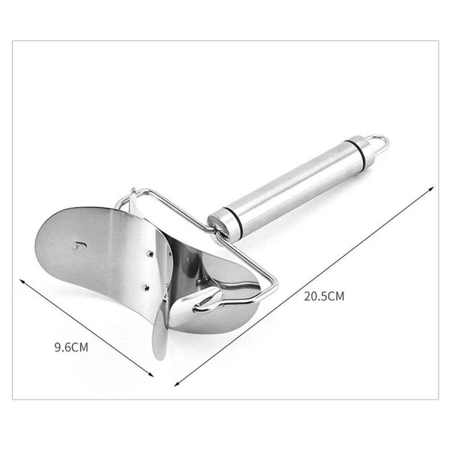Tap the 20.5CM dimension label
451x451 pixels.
click(x=324, y=296)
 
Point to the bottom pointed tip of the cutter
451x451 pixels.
click(x=157, y=358)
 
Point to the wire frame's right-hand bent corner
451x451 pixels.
click(x=275, y=284)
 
